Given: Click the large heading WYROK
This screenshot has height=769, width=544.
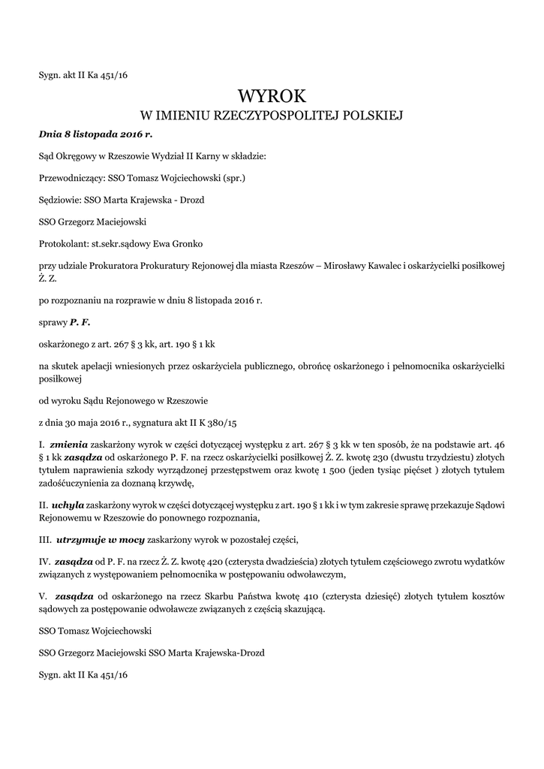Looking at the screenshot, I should [x=272, y=95].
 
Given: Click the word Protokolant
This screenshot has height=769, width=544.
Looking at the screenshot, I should [x=64, y=244].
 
